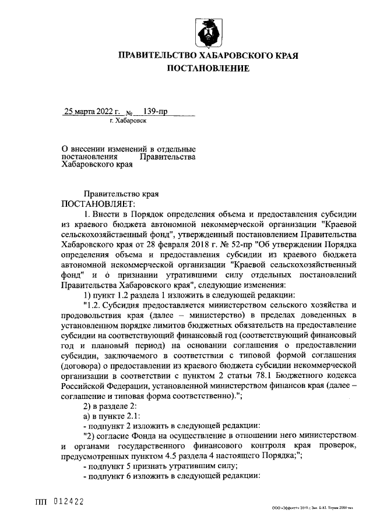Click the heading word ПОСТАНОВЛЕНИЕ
209,69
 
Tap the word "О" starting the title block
64,149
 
